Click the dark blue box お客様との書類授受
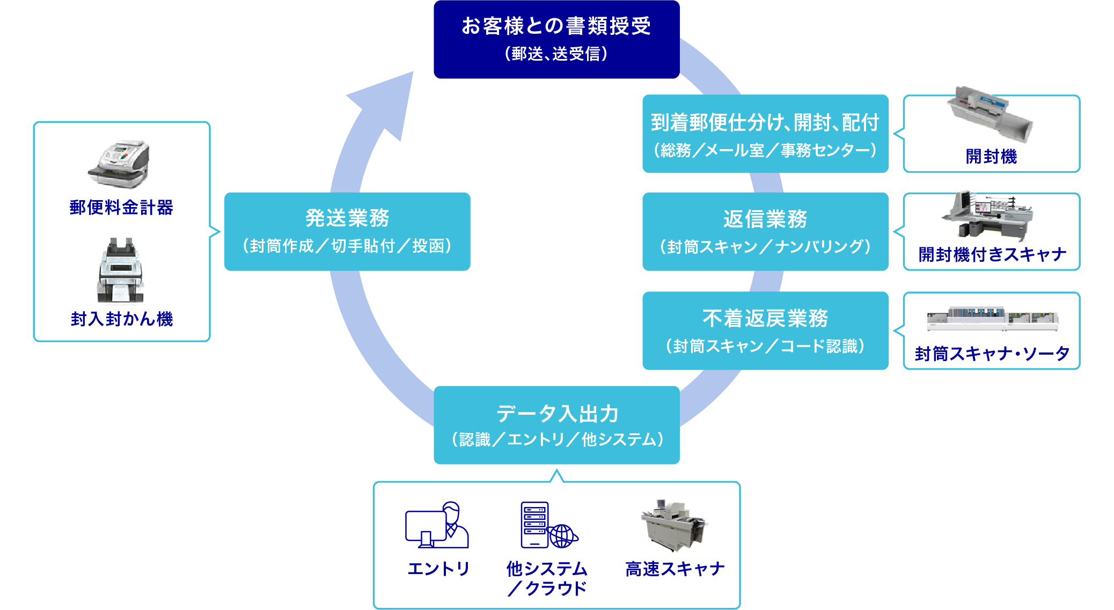[x=556, y=39]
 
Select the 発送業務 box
[x=347, y=231]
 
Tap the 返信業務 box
[x=765, y=231]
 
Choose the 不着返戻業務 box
[x=765, y=330]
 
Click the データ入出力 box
[x=556, y=425]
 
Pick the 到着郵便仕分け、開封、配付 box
[x=765, y=134]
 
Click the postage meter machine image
[x=119, y=164]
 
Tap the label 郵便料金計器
[x=121, y=208]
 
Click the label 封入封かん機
[x=122, y=319]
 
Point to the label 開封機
[x=991, y=157]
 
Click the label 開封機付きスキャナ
[x=992, y=254]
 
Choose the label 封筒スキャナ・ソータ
[x=992, y=354]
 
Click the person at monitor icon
[x=437, y=525]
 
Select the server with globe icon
[x=548, y=525]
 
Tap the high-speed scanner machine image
[x=674, y=525]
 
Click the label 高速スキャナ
[x=675, y=569]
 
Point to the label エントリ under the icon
[x=438, y=569]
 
